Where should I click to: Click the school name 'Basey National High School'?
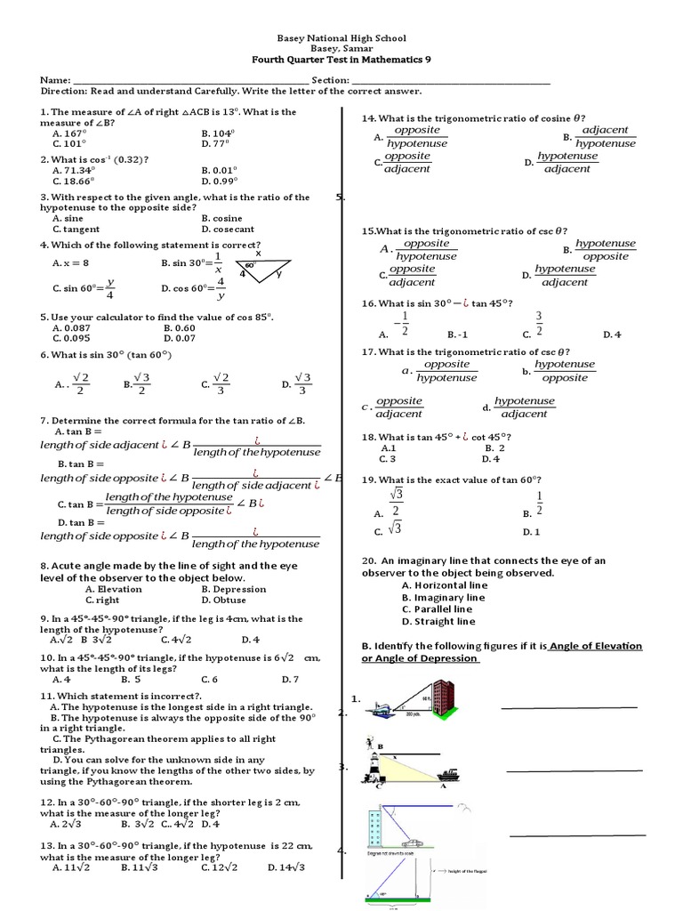point(341,38)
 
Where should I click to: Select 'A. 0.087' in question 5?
point(73,327)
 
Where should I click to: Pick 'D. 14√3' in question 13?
point(284,867)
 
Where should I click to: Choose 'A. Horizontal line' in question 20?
point(444,585)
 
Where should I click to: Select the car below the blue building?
point(410,841)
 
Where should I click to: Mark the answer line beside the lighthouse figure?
point(574,770)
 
